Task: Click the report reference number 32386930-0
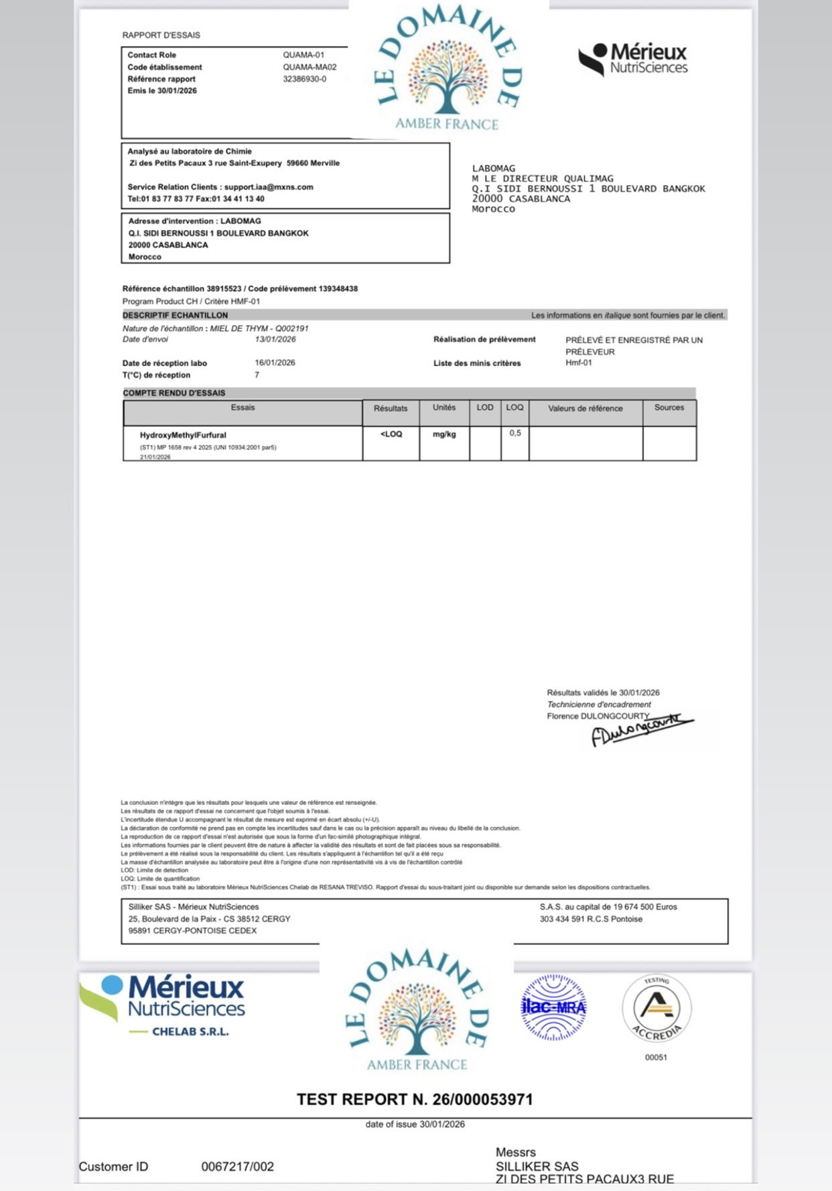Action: tap(305, 79)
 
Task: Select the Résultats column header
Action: tap(391, 408)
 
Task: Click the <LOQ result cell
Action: tap(391, 434)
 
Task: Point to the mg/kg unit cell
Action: tap(444, 434)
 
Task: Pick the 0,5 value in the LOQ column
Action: tap(514, 434)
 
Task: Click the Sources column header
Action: tap(669, 408)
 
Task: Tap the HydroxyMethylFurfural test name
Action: tap(183, 435)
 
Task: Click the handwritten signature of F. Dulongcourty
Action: tap(640, 729)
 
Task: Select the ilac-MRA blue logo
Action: tap(553, 1007)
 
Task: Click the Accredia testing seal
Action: tap(656, 1008)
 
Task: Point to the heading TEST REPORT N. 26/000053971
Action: tap(415, 1099)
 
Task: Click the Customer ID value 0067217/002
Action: tap(238, 1166)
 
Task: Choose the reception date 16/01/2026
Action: tap(275, 363)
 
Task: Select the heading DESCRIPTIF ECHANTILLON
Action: tap(176, 315)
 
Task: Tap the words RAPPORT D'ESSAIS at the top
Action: tap(161, 35)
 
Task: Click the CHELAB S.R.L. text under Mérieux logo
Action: tap(190, 1031)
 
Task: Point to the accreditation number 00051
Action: tap(656, 1058)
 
